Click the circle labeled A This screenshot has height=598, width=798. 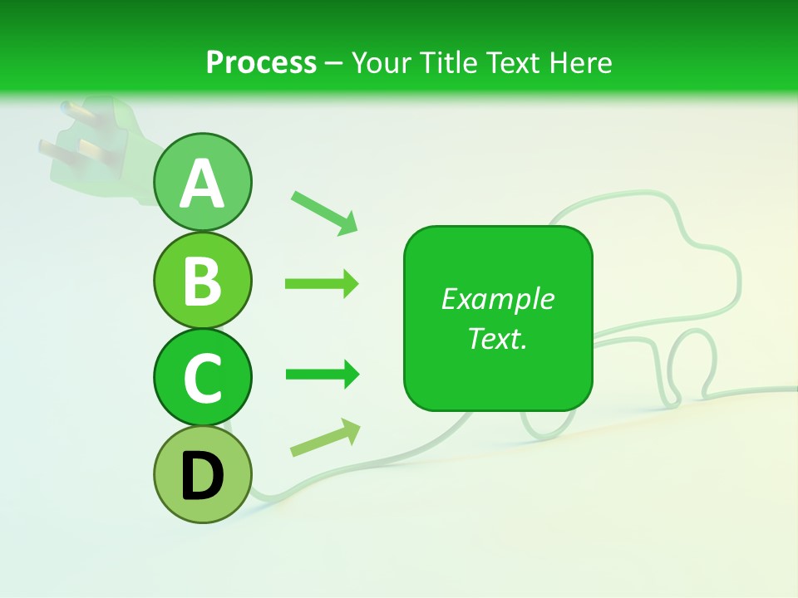[202, 182]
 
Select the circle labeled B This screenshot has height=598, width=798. [202, 280]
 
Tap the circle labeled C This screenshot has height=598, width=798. [202, 377]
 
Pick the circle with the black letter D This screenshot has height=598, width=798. [202, 474]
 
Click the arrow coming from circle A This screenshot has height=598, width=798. [324, 212]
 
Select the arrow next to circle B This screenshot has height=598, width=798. [322, 284]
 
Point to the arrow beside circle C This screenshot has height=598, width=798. [322, 375]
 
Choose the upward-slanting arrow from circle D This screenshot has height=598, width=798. [325, 438]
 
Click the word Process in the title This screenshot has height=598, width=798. [261, 62]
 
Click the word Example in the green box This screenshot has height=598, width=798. [497, 299]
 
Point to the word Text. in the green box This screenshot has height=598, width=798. [497, 338]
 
